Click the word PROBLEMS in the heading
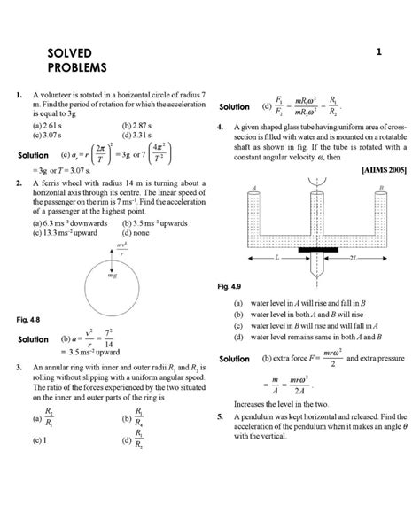76,68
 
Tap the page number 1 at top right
378,52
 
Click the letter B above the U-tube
378,188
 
